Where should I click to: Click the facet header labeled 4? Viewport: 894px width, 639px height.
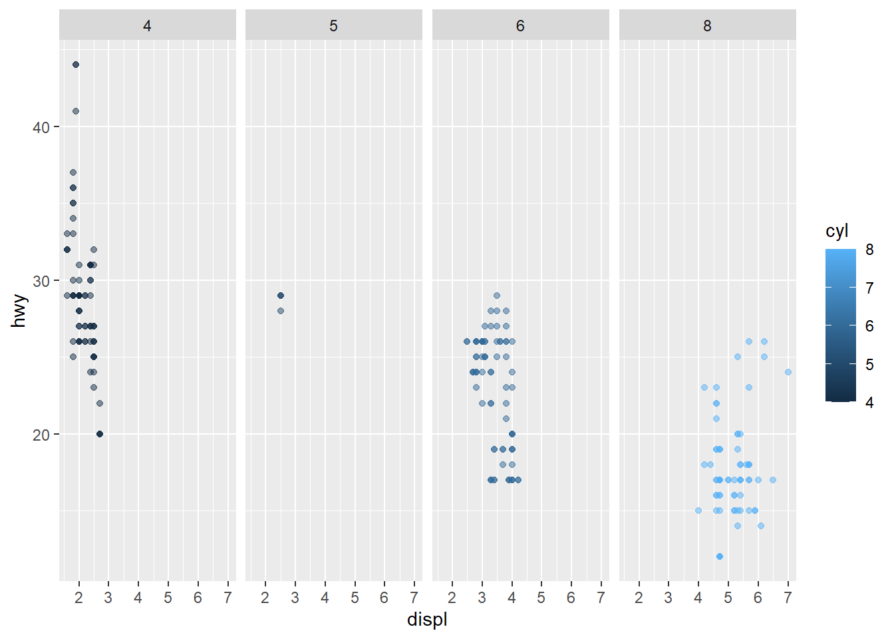pos(147,26)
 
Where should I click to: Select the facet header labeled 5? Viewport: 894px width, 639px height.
pos(333,26)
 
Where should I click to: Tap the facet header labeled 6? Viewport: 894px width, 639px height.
pos(520,26)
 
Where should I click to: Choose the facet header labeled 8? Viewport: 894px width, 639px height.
pos(707,26)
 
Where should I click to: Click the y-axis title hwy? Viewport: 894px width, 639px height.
pos(19,311)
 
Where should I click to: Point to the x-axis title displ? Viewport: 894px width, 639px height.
pos(427,620)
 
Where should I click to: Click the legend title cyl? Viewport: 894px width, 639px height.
pos(837,231)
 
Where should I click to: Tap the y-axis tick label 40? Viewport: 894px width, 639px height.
pos(41,127)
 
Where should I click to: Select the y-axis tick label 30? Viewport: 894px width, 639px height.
pos(41,281)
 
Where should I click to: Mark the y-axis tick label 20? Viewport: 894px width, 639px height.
pos(41,435)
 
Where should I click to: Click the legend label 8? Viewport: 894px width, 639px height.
pos(869,250)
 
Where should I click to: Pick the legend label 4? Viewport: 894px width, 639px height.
pos(869,402)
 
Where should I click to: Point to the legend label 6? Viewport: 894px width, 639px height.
pos(869,326)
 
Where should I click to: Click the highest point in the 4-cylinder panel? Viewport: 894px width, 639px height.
pos(76,65)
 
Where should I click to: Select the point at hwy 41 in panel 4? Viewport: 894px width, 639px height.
pos(76,111)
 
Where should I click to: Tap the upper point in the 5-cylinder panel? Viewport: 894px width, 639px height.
pos(281,296)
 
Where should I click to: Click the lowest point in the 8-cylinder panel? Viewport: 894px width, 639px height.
pos(720,556)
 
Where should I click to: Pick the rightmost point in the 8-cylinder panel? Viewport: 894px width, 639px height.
pos(788,372)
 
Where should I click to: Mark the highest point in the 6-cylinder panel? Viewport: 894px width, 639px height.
pos(497,296)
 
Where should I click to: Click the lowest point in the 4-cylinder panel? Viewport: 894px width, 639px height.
pos(100,434)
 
